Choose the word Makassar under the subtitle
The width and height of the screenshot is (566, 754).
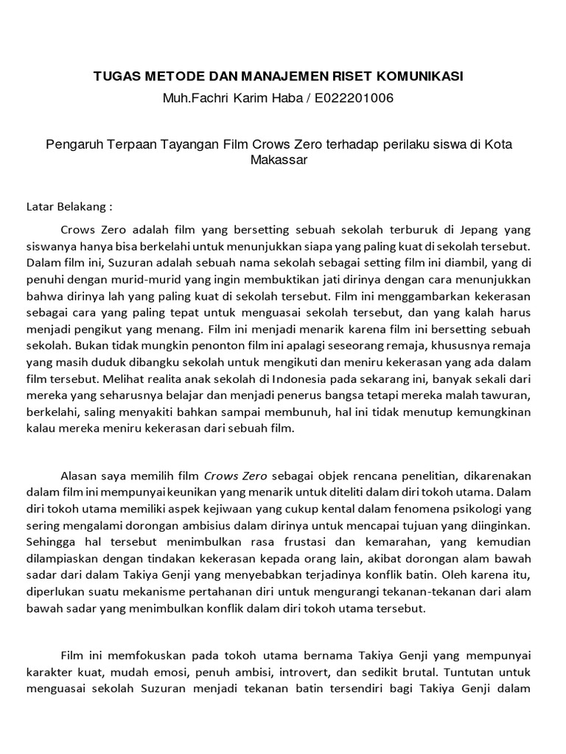pyautogui.click(x=279, y=160)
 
